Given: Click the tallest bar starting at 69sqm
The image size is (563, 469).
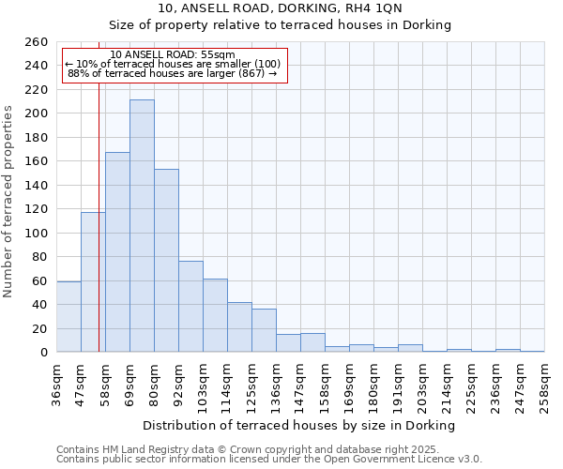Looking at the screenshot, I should (x=142, y=226).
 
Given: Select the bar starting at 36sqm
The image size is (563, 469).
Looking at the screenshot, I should (x=68, y=317).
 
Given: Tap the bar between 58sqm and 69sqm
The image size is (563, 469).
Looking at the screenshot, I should (x=117, y=252).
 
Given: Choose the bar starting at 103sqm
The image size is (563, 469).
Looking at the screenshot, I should (x=215, y=315).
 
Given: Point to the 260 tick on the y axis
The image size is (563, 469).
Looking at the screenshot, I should (x=37, y=42).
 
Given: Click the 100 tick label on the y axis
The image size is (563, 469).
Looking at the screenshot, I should (x=37, y=234).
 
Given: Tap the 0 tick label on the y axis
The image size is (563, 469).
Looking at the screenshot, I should (x=43, y=353).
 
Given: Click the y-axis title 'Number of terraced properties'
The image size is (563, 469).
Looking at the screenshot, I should (x=9, y=202).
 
